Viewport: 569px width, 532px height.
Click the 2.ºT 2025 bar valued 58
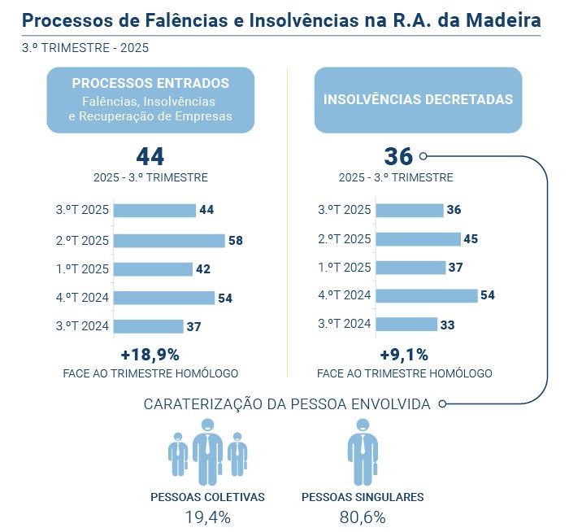coord(169,241)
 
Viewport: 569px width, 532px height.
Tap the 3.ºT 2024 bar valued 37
coord(149,326)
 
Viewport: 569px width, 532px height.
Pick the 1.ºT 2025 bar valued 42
coord(153,269)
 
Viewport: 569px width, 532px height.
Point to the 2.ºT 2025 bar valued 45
coord(418,239)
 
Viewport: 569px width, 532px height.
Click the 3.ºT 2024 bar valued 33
coord(406,325)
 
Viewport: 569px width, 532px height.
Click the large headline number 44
coord(150,157)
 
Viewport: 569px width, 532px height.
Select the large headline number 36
coord(398,157)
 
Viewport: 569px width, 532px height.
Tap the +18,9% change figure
coord(150,355)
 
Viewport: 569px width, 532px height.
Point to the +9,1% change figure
coord(404,355)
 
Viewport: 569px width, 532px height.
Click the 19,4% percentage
coord(207,517)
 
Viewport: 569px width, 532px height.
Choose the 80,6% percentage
coord(363,517)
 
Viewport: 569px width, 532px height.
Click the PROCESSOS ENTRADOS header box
coord(150,99)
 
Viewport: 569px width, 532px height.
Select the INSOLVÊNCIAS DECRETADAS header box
coord(418,99)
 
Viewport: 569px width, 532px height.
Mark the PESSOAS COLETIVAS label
coord(207,497)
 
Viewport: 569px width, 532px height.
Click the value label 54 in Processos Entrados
coord(225,299)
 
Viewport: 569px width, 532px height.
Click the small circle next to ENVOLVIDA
coord(441,403)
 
